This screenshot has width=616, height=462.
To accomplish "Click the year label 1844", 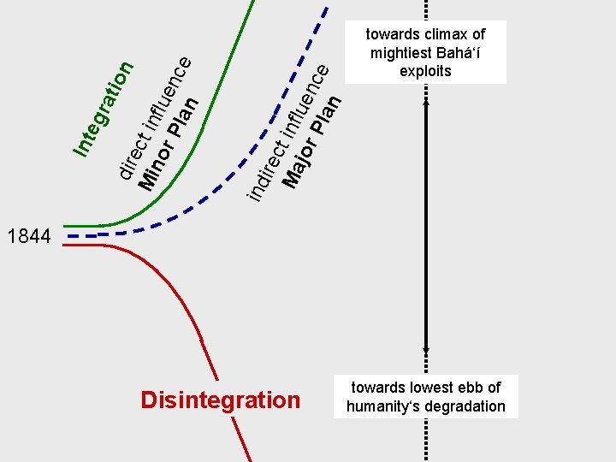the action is pos(28,236).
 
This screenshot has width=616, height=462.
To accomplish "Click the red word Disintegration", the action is pos(220,400).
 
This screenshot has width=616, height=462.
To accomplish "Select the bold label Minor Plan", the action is pos(169,143).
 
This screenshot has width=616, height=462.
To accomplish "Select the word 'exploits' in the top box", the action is pos(425,71).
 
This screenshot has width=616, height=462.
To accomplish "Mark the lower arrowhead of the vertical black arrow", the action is pos(426,351).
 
